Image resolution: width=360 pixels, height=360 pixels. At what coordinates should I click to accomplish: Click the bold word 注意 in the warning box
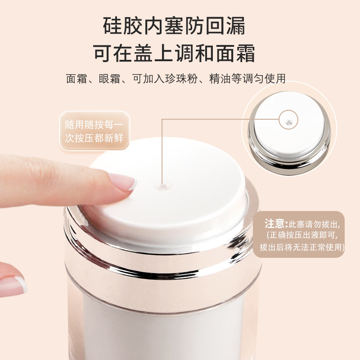point(275,224)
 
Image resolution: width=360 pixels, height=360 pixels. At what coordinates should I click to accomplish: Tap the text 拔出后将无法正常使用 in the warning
point(302,247)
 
